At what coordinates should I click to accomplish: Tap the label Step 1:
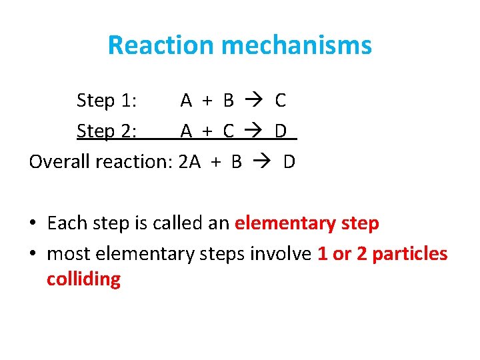[107, 101]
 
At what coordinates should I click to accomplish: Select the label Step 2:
[107, 131]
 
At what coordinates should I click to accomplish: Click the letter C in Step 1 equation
[280, 101]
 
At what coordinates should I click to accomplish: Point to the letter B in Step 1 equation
[229, 101]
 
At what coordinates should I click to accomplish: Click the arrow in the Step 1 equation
[254, 101]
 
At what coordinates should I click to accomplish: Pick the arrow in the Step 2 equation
[254, 131]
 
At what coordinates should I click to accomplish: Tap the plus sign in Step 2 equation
[207, 131]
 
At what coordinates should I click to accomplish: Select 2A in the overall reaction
[190, 162]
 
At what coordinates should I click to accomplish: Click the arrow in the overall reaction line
[263, 162]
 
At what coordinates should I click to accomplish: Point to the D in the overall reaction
[289, 162]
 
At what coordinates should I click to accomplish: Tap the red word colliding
[83, 279]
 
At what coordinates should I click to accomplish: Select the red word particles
[410, 254]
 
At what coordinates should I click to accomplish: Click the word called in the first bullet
[178, 223]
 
